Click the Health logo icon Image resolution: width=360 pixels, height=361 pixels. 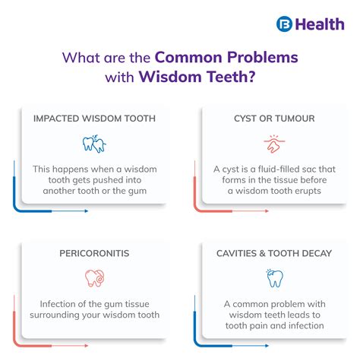pyautogui.click(x=285, y=24)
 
